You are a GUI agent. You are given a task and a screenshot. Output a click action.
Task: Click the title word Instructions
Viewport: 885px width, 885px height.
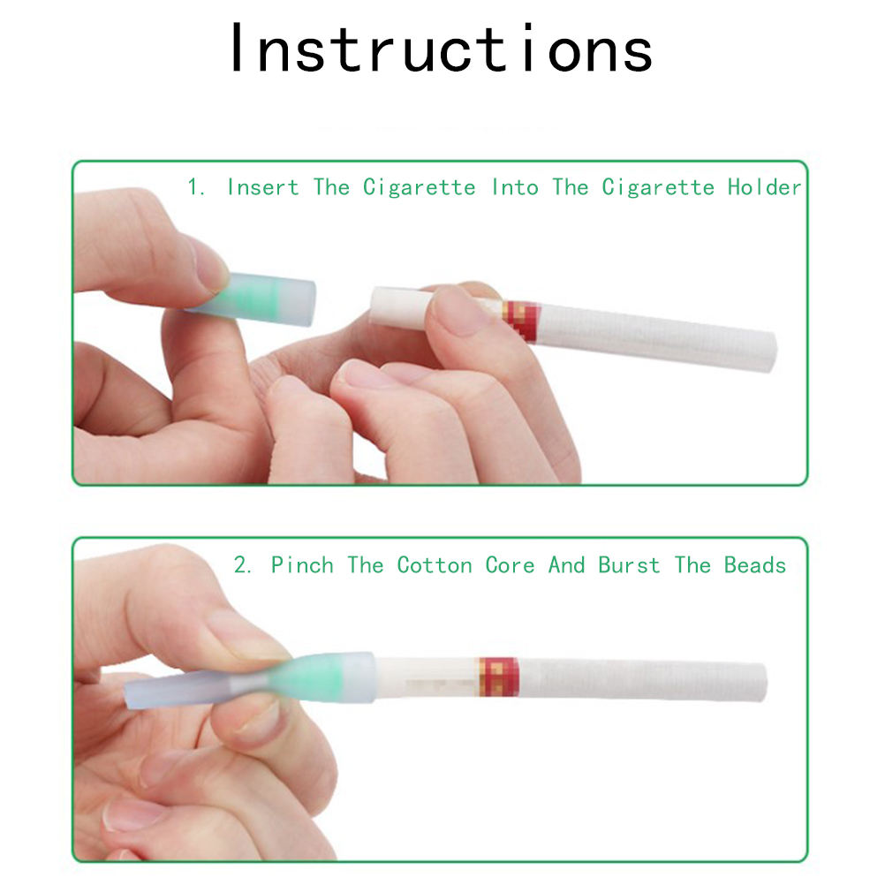442,49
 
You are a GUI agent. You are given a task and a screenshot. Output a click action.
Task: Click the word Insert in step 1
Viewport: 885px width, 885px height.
263,187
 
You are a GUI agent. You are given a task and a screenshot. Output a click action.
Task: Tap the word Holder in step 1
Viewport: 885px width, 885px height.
764,187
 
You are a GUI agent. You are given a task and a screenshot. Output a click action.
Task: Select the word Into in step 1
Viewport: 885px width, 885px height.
515,187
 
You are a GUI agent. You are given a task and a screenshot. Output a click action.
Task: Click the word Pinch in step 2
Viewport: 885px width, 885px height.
302,565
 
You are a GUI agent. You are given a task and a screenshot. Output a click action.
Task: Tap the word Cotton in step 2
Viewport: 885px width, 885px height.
435,565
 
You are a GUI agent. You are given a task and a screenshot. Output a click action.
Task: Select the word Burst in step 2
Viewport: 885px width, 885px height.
629,565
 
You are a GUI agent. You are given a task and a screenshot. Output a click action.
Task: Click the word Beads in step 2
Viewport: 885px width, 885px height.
755,565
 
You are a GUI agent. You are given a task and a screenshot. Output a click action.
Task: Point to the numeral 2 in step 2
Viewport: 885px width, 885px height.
243,565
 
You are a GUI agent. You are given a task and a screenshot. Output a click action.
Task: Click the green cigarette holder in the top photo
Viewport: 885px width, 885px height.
257,299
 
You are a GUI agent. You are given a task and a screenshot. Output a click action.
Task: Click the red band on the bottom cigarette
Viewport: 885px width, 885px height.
499,677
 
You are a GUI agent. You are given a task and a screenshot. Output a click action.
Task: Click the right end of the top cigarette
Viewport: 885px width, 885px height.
773,352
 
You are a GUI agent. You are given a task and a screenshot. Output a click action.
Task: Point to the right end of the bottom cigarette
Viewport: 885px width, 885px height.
763,682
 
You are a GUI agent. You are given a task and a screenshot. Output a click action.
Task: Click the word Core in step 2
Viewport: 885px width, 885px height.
510,565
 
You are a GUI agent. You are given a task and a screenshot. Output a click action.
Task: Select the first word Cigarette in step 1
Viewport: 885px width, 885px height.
419,187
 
